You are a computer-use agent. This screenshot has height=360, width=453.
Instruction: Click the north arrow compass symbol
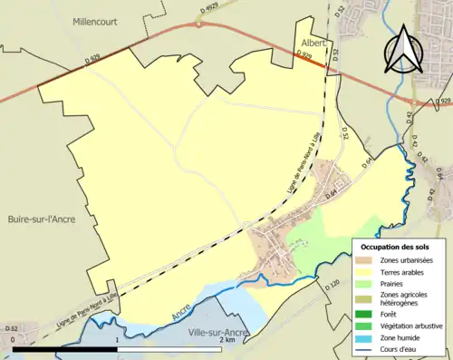click(403, 51)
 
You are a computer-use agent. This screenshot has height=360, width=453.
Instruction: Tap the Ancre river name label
click(181, 312)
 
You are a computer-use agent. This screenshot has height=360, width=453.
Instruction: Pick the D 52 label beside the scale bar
click(11, 328)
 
